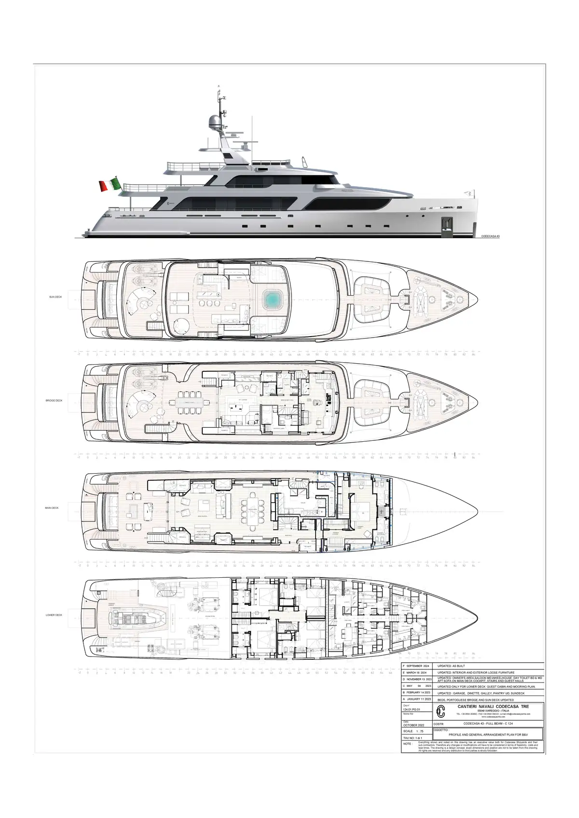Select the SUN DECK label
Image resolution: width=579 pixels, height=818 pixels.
coord(56,297)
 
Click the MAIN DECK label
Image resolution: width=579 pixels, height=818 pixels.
coord(52,508)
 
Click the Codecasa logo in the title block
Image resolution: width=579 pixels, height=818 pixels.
coord(441,711)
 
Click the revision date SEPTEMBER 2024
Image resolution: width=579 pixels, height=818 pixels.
coord(422,665)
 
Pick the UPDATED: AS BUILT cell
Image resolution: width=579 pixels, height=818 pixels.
coord(452,665)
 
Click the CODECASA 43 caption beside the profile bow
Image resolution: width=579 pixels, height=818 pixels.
coord(491,236)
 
